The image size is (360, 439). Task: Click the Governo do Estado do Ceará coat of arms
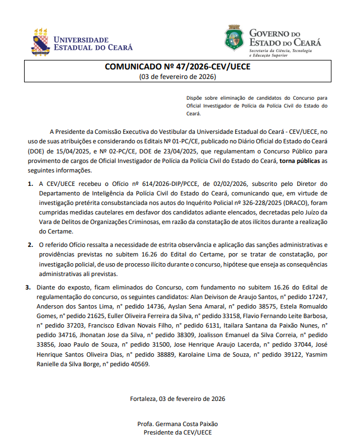point(234,38)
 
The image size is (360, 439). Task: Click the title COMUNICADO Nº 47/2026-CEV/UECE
point(177,67)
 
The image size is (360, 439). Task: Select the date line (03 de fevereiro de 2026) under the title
point(177,77)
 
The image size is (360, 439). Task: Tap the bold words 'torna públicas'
point(300,161)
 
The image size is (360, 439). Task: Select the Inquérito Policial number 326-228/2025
point(259,203)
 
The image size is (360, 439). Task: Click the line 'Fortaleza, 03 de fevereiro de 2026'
point(177,399)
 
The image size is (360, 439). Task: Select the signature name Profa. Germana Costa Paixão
point(177,423)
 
